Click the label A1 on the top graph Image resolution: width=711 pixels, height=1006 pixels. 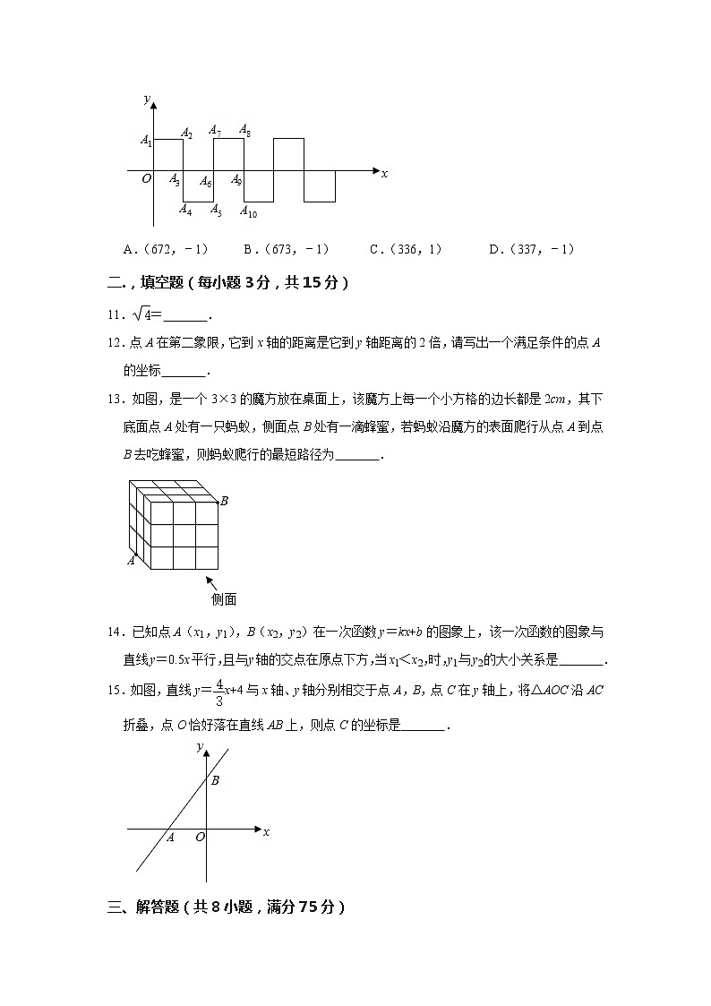(x=146, y=140)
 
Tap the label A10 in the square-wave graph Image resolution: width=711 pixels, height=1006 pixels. (x=248, y=212)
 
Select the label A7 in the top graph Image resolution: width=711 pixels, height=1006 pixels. (x=215, y=131)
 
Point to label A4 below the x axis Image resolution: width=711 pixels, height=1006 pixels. (x=184, y=210)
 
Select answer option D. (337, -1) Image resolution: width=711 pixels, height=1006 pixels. (x=532, y=250)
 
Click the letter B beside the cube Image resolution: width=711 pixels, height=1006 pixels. (x=224, y=501)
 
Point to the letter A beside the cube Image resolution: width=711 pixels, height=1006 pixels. (x=131, y=561)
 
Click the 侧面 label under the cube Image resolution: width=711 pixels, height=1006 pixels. (x=223, y=600)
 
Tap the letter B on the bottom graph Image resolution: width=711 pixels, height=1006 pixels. (x=215, y=780)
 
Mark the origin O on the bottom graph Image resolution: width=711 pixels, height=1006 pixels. (x=199, y=838)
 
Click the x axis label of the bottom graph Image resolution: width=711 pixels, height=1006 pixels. (x=266, y=832)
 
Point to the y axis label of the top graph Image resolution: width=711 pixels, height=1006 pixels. (x=146, y=99)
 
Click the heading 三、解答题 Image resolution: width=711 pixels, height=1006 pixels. (x=223, y=907)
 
